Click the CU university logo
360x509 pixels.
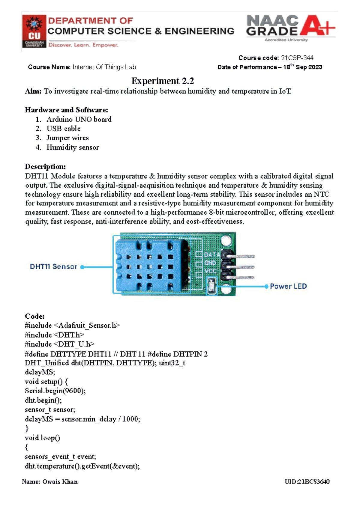coord(34,31)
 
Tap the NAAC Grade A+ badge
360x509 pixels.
coord(290,28)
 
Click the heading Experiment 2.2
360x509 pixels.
coord(163,81)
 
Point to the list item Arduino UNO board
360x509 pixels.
coord(79,119)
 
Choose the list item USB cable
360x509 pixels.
coord(63,129)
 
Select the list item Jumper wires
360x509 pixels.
coord(67,138)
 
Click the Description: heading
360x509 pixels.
coord(45,166)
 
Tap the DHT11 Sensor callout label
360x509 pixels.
coord(53,266)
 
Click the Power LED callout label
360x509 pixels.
coord(288,286)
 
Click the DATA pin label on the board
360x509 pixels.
coord(212,255)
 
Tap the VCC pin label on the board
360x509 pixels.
coord(210,271)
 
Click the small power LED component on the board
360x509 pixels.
coord(211,285)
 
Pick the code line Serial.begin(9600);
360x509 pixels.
coord(55,391)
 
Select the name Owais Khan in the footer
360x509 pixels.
coord(60,482)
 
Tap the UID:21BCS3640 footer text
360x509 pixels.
coord(307,482)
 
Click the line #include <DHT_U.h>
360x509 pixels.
coord(59,344)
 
